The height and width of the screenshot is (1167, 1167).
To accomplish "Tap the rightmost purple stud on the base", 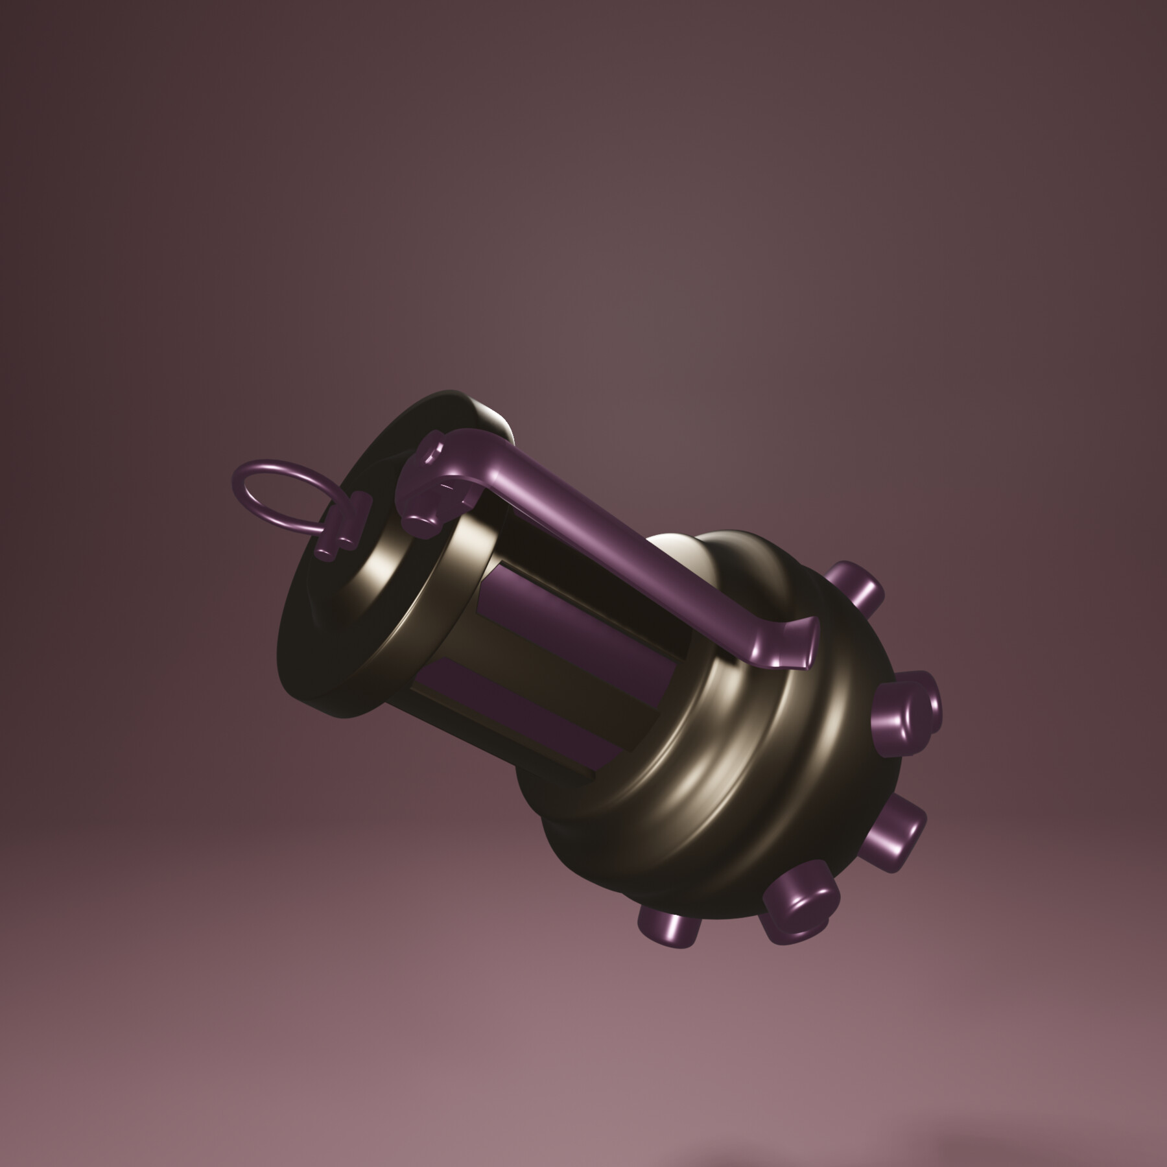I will pyautogui.click(x=908, y=710).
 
